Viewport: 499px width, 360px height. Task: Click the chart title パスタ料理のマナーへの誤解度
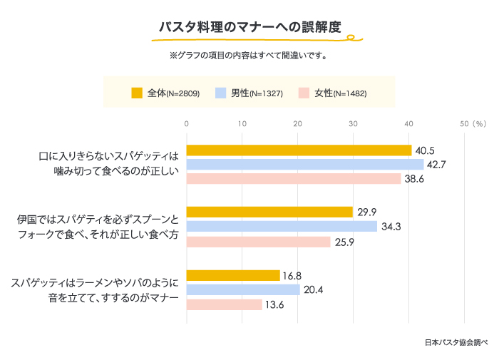pos(249,27)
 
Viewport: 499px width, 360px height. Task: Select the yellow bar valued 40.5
pos(299,150)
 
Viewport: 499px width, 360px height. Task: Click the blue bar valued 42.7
pos(305,165)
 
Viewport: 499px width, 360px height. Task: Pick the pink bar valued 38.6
pos(294,179)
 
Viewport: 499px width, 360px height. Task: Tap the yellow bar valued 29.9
pos(269,212)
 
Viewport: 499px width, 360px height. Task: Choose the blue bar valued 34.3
pos(282,227)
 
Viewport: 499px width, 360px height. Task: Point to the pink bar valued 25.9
pos(258,242)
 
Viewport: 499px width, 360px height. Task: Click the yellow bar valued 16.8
pos(233,275)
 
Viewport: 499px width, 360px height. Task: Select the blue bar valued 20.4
pos(243,289)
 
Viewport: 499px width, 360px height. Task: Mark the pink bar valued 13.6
pos(224,304)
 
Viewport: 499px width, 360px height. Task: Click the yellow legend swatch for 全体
pos(138,93)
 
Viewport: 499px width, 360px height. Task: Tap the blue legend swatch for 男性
pos(221,93)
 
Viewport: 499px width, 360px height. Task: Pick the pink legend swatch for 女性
pos(304,93)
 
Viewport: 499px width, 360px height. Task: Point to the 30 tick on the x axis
pos(353,124)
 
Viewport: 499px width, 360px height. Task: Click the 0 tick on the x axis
pos(186,124)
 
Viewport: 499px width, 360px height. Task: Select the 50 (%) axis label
pos(472,124)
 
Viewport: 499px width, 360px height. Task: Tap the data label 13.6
pos(274,304)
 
